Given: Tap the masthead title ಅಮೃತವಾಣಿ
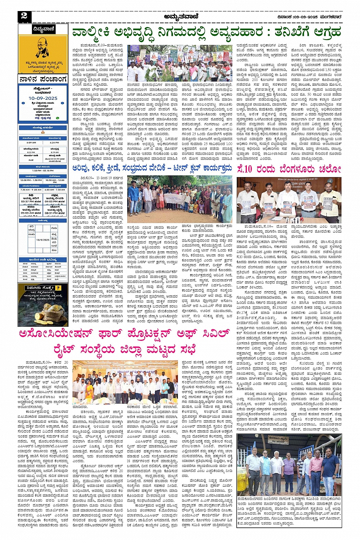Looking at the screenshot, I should pyautogui.click(x=180, y=16).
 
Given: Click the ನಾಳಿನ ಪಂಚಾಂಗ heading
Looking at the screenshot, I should pyautogui.click(x=43, y=79).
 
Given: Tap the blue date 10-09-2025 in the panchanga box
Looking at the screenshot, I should pyautogui.click(x=43, y=98).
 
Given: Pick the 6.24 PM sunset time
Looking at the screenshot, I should pyautogui.click(x=55, y=142).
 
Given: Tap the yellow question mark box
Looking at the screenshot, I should pyautogui.click(x=58, y=288).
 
